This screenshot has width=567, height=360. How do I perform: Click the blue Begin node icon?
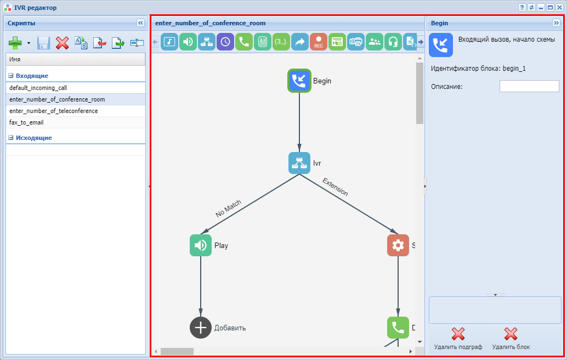pyautogui.click(x=299, y=81)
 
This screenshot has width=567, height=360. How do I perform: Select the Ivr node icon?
pyautogui.click(x=299, y=163)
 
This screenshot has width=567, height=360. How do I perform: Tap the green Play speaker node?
pyautogui.click(x=201, y=245)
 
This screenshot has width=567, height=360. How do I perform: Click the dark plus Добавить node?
pyautogui.click(x=201, y=328)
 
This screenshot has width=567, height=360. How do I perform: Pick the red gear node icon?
pyautogui.click(x=398, y=245)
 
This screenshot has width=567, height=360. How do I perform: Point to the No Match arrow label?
pyautogui.click(x=229, y=209)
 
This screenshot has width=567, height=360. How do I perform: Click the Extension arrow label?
pyautogui.click(x=335, y=187)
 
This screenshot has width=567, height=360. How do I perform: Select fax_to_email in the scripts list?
pyautogui.click(x=26, y=122)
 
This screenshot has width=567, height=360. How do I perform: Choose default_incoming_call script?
pyautogui.click(x=38, y=88)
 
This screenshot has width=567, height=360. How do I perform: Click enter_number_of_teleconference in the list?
pyautogui.click(x=54, y=111)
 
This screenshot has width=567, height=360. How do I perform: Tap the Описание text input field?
pyautogui.click(x=529, y=86)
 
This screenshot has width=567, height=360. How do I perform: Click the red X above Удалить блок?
pyautogui.click(x=511, y=334)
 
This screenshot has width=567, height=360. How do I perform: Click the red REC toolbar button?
pyautogui.click(x=319, y=42)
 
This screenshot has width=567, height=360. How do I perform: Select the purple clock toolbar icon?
pyautogui.click(x=225, y=42)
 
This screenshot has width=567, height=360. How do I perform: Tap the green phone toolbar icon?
pyautogui.click(x=244, y=42)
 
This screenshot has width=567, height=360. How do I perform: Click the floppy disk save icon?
pyautogui.click(x=44, y=43)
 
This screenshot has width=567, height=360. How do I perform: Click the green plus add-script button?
pyautogui.click(x=16, y=43)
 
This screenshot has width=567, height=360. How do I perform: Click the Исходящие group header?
pyautogui.click(x=34, y=138)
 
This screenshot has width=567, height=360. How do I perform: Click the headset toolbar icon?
pyautogui.click(x=393, y=42)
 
